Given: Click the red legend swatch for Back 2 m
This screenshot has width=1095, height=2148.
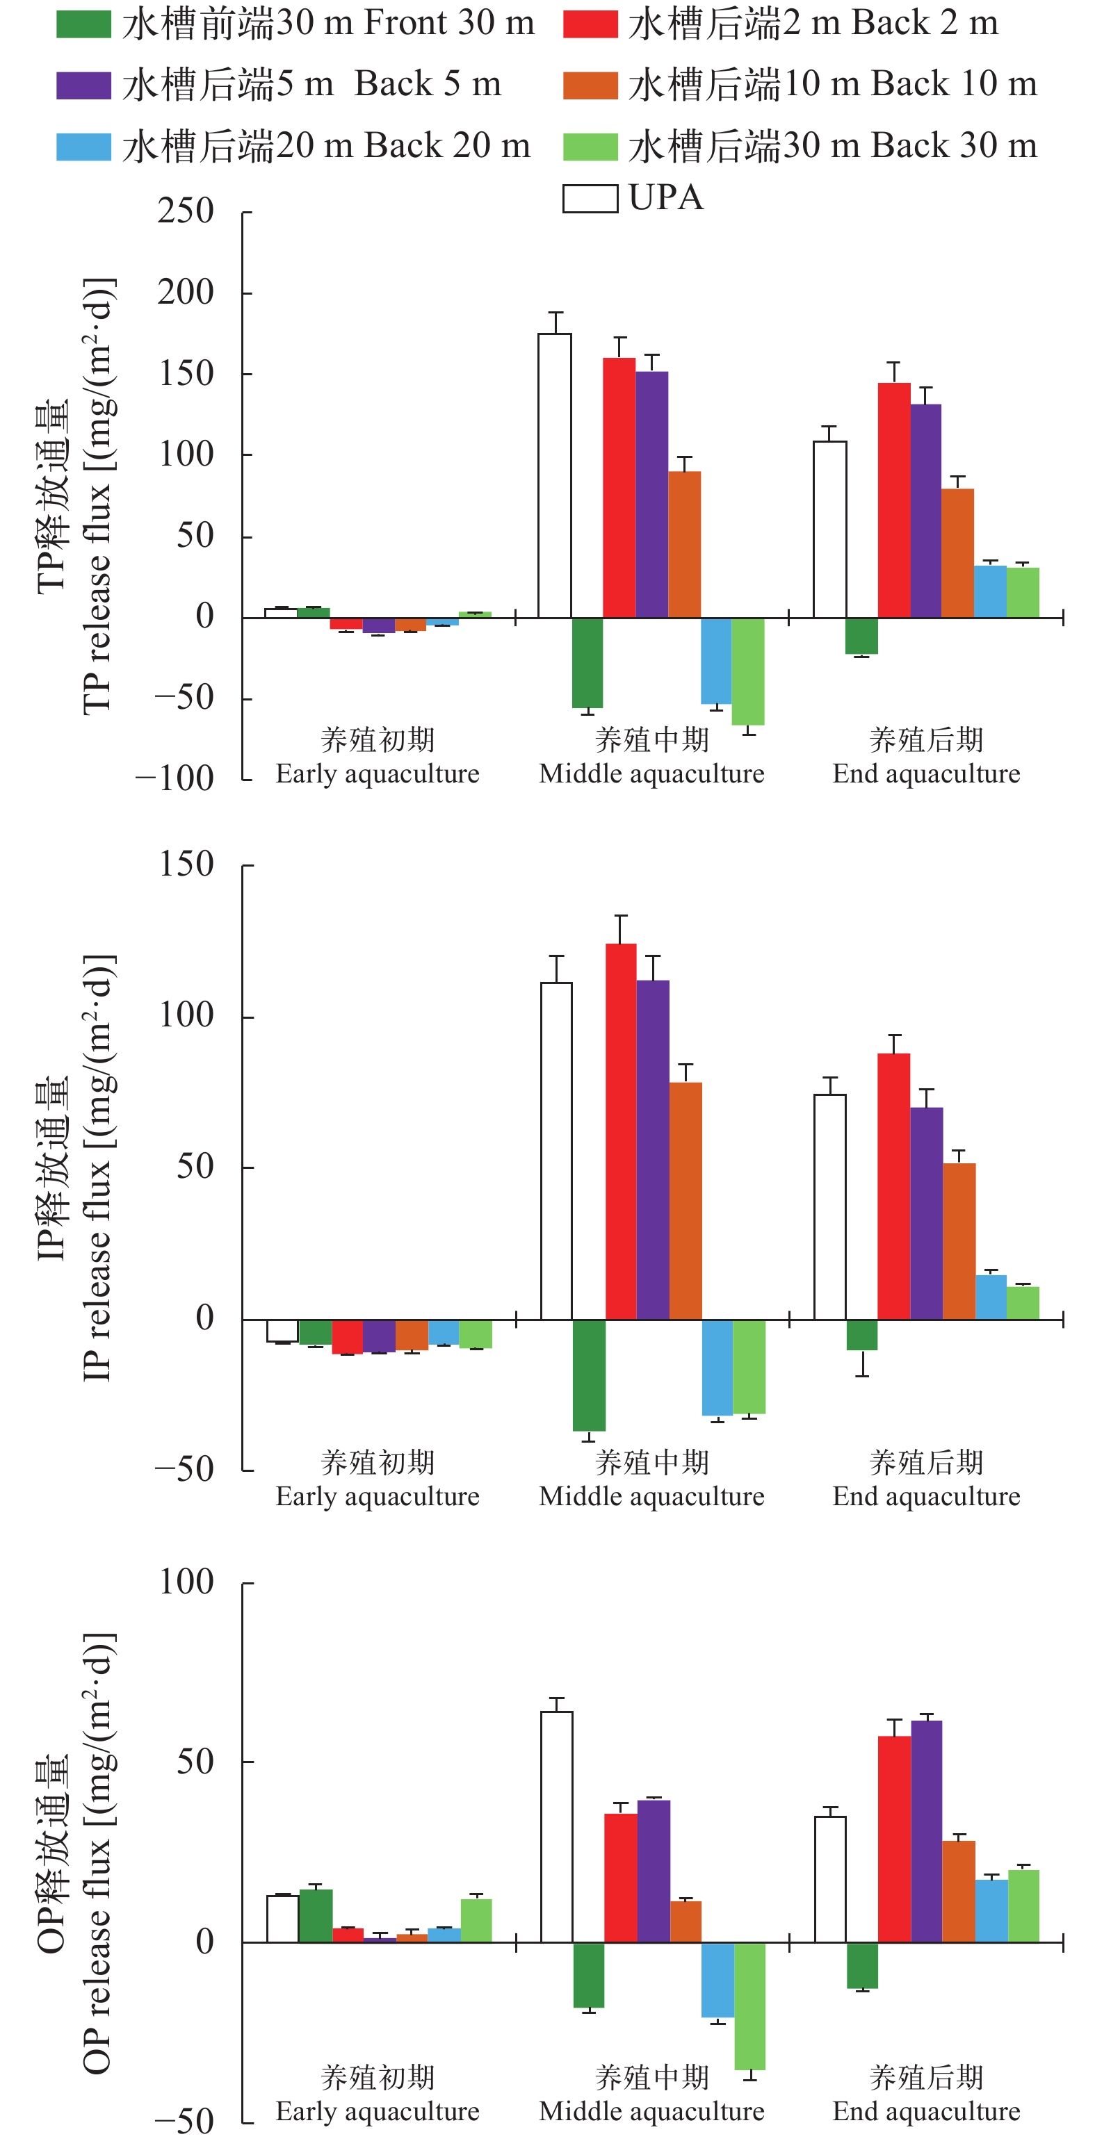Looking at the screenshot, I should (590, 24).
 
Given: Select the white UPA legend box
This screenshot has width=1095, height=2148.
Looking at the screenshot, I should (590, 199).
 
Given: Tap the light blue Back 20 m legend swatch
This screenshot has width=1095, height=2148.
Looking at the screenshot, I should (83, 147).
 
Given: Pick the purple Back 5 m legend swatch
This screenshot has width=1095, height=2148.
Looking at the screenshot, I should (83, 85).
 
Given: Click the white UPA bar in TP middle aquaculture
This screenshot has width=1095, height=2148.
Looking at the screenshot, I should (555, 475).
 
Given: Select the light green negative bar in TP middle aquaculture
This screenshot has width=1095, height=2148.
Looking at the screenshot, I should (748, 671).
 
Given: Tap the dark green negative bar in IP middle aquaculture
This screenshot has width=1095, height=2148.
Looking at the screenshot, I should (589, 1375).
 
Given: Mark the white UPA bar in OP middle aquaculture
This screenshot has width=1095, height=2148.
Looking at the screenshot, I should (557, 1827).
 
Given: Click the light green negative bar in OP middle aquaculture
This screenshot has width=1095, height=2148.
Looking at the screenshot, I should (749, 2006).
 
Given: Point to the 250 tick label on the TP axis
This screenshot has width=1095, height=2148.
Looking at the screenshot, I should (186, 212).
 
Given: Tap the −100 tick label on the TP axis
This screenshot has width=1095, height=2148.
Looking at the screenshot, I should (175, 779).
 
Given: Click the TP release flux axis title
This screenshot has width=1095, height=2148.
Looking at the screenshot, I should (75, 496).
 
